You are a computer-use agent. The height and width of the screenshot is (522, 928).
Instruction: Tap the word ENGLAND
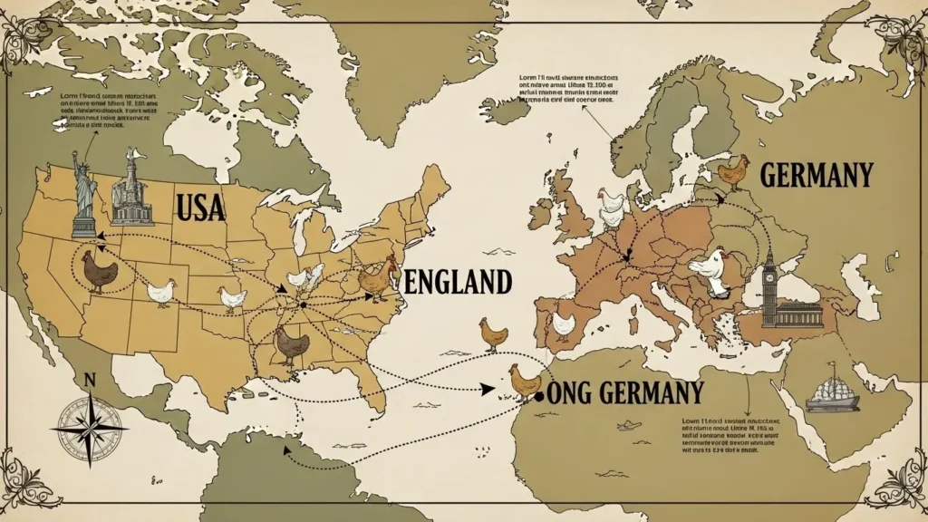point(458,282)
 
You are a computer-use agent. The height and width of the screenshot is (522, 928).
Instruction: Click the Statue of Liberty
point(85,192)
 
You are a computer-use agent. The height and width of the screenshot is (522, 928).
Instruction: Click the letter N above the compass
point(89,380)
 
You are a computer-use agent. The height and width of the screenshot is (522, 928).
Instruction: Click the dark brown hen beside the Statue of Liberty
point(99,270)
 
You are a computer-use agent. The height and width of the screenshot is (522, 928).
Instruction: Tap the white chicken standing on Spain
point(564,324)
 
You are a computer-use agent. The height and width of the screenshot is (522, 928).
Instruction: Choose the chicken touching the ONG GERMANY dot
point(524,381)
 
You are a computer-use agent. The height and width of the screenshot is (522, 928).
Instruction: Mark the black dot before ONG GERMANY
point(540,397)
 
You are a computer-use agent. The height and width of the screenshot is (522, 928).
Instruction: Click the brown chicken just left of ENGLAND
point(373,281)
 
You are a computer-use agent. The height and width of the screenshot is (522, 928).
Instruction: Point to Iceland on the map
point(504,110)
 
